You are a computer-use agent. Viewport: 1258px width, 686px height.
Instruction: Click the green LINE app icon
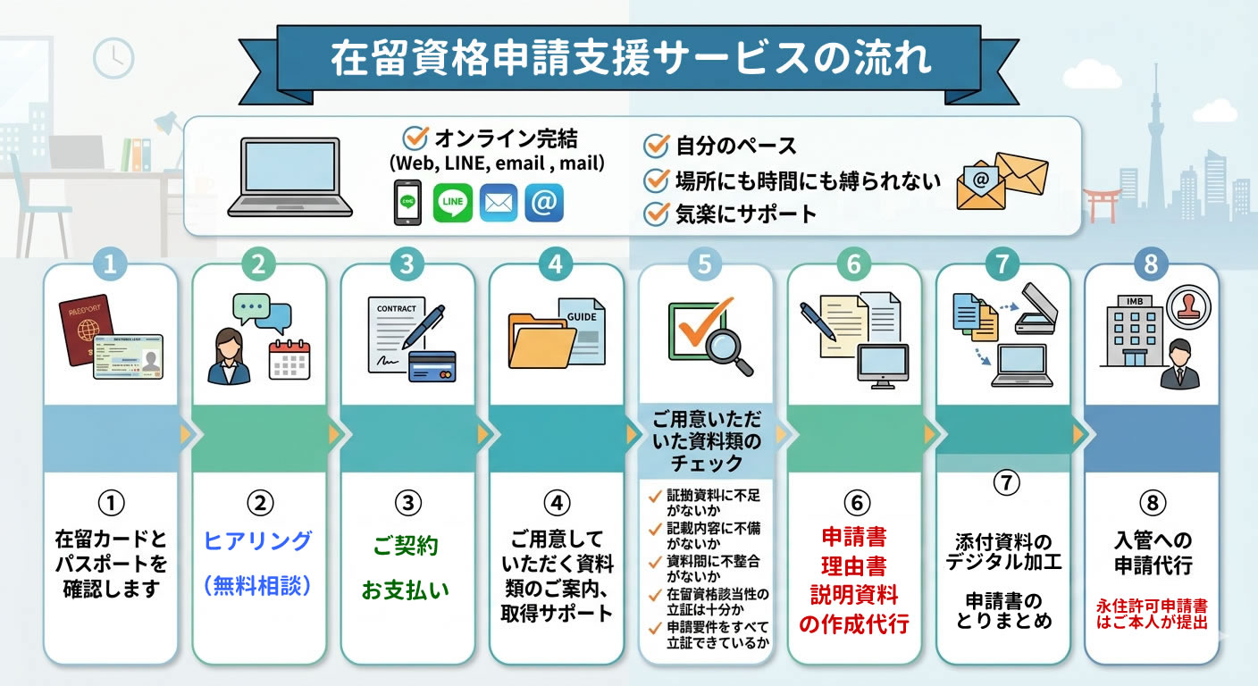click(452, 203)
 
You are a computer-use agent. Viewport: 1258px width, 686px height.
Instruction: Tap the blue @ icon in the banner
click(543, 203)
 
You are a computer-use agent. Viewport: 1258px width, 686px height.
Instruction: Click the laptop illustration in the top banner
click(289, 178)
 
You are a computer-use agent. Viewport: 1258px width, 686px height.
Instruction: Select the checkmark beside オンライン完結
click(415, 138)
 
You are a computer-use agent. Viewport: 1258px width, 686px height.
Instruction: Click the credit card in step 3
click(432, 365)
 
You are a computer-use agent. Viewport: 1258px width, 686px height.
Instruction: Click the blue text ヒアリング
click(258, 540)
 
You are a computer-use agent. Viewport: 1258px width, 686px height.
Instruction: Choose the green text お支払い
click(406, 590)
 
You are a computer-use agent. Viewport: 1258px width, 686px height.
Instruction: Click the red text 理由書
click(853, 565)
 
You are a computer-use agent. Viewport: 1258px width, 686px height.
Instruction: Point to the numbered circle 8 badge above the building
click(1151, 264)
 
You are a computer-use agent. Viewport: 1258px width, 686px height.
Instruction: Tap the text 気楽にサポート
click(746, 213)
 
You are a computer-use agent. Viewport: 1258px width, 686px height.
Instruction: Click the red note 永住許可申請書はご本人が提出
click(1151, 614)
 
